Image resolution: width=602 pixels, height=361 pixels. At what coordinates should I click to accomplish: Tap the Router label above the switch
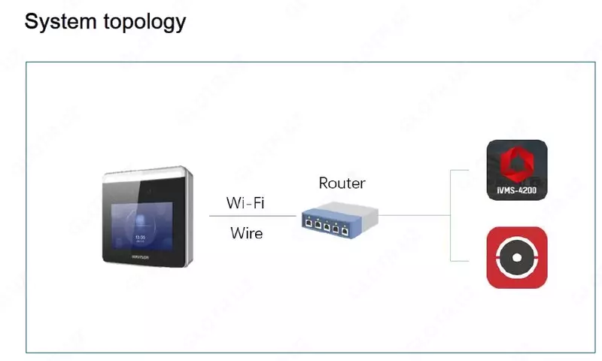(342, 183)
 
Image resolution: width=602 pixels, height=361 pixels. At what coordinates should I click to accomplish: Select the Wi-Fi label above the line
(245, 203)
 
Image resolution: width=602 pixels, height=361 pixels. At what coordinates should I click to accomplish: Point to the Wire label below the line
(246, 233)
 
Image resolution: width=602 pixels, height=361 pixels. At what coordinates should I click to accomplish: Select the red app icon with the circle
(517, 257)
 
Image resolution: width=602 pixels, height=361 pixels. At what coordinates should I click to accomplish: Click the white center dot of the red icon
(517, 258)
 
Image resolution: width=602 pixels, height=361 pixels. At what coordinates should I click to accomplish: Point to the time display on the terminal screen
(141, 236)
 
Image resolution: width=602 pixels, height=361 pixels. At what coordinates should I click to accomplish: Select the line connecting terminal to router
(252, 217)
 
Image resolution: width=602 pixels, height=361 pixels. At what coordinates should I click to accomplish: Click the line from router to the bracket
(414, 215)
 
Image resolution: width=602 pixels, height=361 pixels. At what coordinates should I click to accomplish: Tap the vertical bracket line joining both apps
(450, 215)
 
